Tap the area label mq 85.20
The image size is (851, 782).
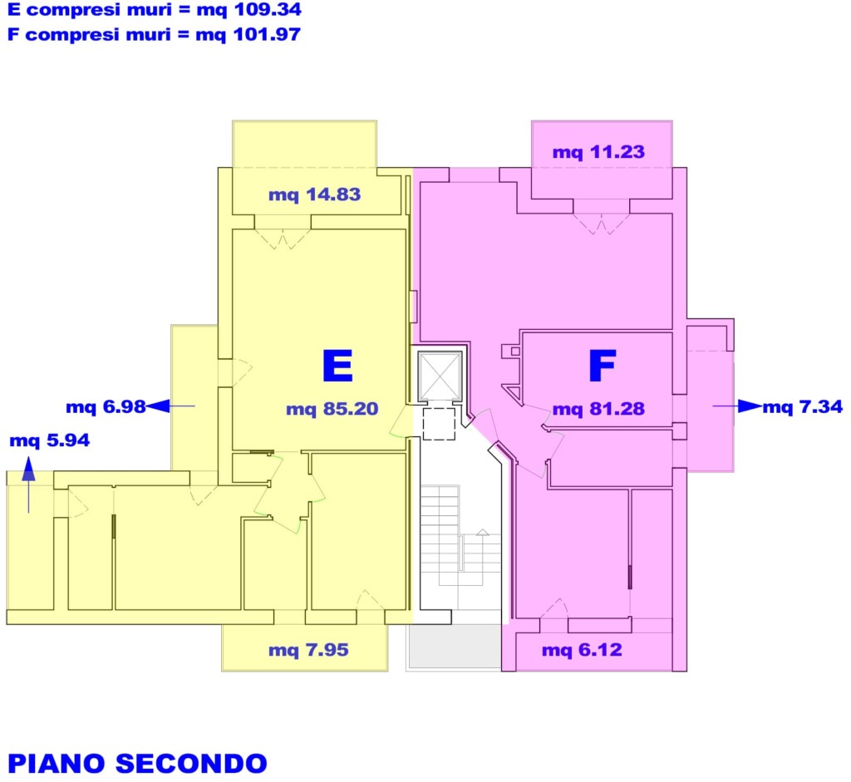(332, 409)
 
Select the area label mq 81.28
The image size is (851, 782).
(598, 409)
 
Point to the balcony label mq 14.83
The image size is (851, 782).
(315, 194)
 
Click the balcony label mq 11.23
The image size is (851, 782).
(598, 152)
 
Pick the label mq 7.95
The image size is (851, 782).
(308, 650)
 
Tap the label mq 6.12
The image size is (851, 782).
(582, 650)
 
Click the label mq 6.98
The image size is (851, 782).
(106, 407)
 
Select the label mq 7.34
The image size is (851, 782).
(803, 406)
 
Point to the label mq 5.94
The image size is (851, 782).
(49, 440)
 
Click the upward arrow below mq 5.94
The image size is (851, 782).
(29, 485)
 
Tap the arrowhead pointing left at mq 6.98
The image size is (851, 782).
(157, 406)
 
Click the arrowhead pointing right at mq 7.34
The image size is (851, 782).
(750, 406)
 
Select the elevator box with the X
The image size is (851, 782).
(440, 376)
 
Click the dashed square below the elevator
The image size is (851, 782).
(439, 424)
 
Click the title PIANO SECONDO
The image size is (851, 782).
(137, 764)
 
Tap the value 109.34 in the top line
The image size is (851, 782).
(267, 10)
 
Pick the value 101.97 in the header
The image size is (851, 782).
(267, 35)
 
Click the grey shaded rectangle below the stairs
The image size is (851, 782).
(455, 646)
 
